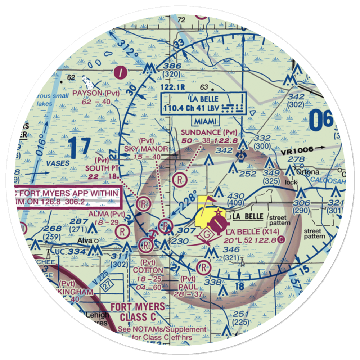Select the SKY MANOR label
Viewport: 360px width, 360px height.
146,149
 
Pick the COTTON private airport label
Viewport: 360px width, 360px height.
148,270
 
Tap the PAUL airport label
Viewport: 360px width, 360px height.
188,287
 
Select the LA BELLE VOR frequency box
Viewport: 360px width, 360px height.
204,103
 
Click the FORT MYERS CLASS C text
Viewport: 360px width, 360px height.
138,312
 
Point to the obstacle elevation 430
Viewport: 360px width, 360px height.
234,195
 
